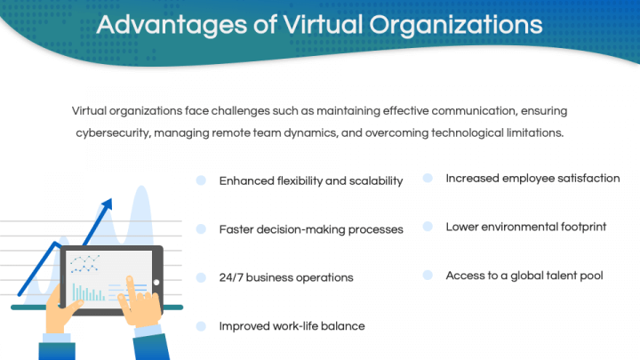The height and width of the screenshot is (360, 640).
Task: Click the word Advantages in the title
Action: pos(172,25)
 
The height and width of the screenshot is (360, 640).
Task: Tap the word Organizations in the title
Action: pos(456,25)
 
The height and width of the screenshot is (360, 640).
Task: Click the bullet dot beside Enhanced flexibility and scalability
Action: pos(201,180)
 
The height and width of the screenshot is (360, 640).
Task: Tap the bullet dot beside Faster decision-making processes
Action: pos(201,229)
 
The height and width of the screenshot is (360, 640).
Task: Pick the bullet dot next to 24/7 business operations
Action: pos(201,277)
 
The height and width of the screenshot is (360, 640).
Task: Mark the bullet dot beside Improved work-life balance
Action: pos(201,326)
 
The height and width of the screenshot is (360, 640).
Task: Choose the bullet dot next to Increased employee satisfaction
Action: pos(428,178)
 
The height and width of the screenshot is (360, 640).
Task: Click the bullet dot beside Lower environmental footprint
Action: pos(428,227)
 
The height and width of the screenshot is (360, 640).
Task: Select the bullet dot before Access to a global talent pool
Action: pos(428,275)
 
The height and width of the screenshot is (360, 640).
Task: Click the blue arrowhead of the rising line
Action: pos(107,204)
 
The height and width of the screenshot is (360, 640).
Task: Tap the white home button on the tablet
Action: pos(156,283)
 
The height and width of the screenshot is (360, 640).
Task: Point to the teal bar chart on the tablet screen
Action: pos(88,292)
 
